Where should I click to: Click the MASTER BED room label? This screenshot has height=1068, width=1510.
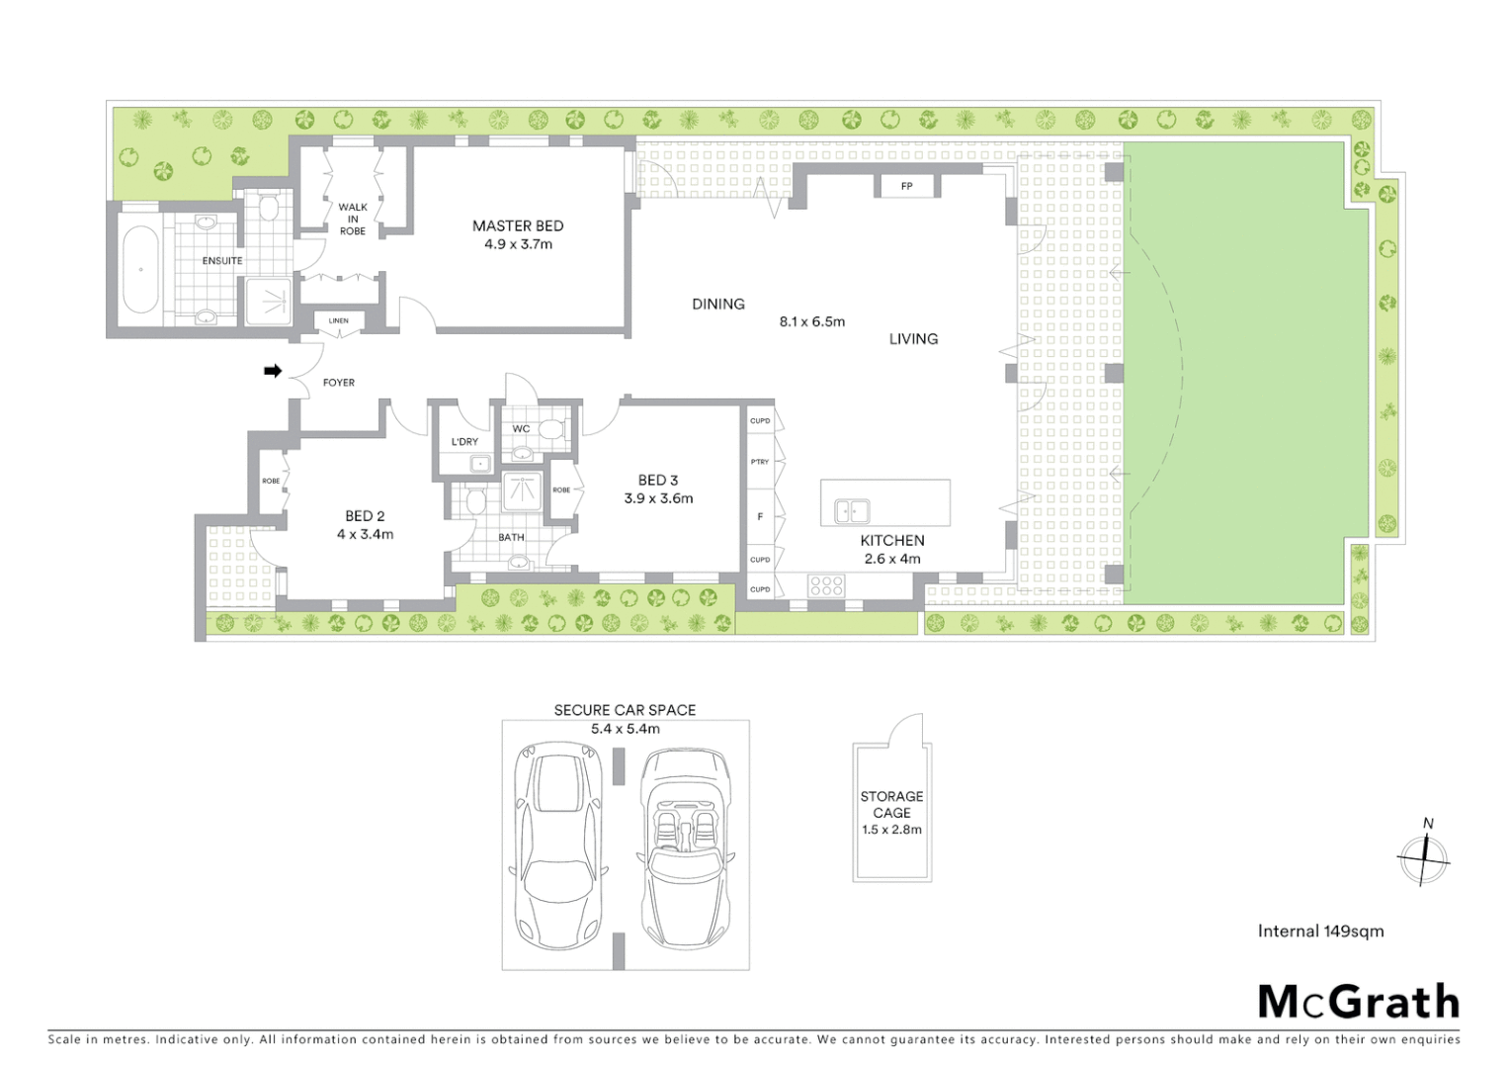tap(518, 226)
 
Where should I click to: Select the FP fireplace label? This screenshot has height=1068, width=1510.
tap(906, 186)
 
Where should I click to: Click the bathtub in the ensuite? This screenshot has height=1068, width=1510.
tap(140, 269)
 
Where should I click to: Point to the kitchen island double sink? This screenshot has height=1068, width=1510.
tap(851, 511)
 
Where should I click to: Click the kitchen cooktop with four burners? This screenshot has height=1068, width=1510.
tap(826, 585)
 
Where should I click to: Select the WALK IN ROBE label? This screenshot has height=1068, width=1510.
tap(353, 220)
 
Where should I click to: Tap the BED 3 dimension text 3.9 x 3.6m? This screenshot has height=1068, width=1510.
tap(658, 498)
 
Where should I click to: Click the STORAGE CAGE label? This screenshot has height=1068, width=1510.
tap(891, 804)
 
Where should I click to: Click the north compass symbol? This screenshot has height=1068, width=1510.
tap(1424, 856)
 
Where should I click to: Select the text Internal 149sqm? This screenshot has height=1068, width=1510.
tap(1320, 931)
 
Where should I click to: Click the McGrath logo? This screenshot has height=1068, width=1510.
tap(1358, 1002)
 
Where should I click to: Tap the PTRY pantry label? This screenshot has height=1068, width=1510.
tap(759, 462)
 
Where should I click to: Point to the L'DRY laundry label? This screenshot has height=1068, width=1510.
tap(464, 442)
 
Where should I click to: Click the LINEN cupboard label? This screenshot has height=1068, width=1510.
tap(338, 320)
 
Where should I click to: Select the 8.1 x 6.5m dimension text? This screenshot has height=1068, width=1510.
tap(812, 321)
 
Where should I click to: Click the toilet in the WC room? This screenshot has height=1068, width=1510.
tap(549, 430)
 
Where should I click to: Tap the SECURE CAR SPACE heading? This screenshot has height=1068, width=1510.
tap(625, 710)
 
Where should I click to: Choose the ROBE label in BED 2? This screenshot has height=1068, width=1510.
tap(271, 481)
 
